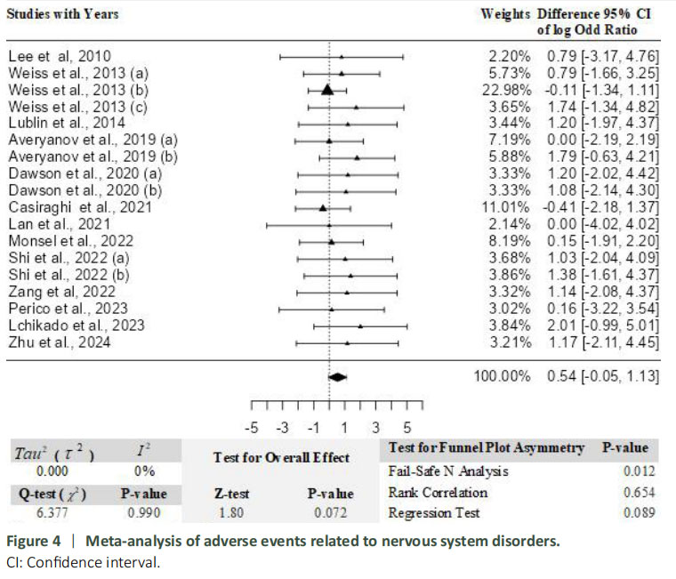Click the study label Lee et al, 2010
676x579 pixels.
pos(60,57)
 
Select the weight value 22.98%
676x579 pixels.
pos(509,91)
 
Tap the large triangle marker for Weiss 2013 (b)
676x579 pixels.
pos(327,90)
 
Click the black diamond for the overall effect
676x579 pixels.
pos(337,377)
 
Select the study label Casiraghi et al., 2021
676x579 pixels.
pos(79,207)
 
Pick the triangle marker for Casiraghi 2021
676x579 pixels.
pos(323,207)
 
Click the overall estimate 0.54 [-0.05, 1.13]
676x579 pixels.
pos(602,377)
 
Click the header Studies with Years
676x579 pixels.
pos(62,14)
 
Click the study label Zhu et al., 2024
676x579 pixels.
pos(60,342)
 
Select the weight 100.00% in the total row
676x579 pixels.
pos(503,377)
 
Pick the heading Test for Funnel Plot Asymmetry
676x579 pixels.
pos(487,447)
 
